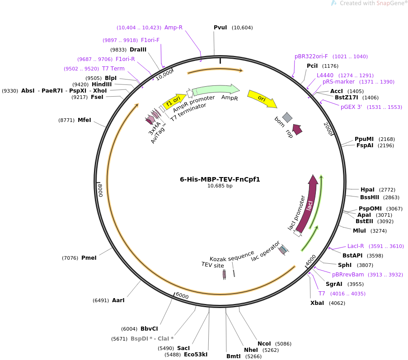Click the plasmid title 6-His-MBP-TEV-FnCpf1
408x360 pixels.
220,179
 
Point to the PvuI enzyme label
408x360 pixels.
220,28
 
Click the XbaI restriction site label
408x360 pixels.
317,303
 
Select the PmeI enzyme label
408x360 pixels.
89,258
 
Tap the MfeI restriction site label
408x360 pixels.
84,120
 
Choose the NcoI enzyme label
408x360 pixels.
264,343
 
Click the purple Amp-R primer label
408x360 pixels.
174,28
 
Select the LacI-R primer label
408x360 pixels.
356,246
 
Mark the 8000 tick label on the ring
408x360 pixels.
100,190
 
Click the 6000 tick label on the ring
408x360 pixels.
182,295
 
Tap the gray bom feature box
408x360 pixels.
287,117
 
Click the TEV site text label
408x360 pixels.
213,265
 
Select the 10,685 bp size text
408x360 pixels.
220,186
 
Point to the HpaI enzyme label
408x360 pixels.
367,190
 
